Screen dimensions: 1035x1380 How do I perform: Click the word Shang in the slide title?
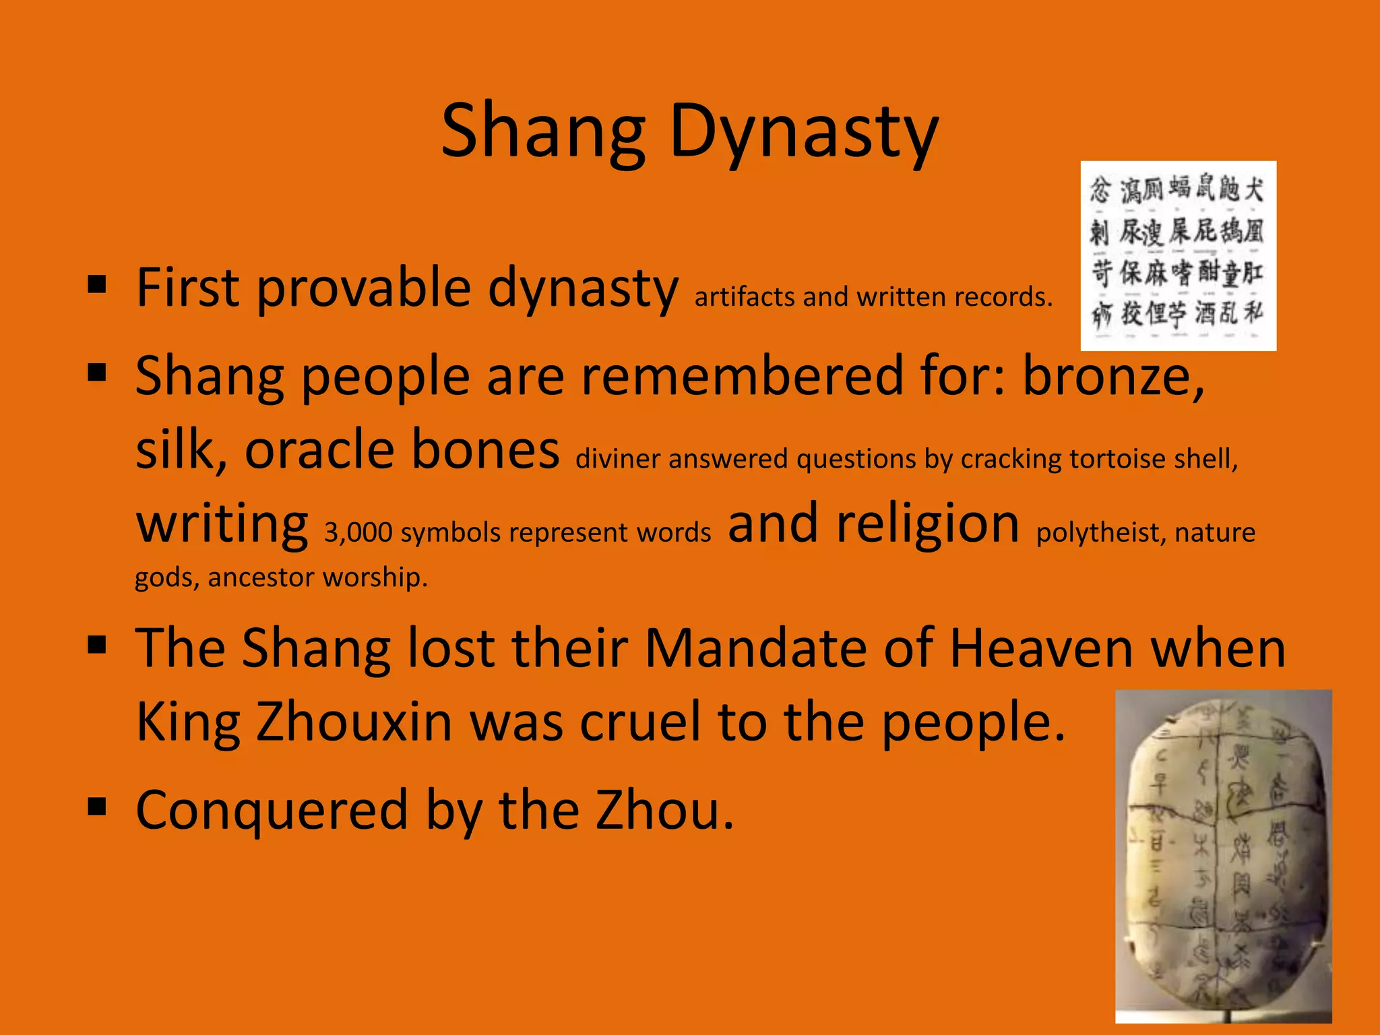543,131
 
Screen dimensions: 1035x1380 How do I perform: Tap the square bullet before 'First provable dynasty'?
97,285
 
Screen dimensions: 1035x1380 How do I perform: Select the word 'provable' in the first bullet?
364,288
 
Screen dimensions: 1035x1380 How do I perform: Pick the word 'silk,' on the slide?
181,449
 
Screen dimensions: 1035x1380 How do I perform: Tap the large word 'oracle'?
319,449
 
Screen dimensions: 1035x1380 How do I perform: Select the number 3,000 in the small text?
358,532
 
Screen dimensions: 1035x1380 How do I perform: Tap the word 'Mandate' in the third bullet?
755,648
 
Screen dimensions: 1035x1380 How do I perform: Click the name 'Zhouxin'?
354,722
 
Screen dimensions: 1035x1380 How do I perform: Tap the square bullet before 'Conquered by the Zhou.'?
97,806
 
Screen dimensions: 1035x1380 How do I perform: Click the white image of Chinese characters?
1178,256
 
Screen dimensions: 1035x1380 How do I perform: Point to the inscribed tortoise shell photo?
1223,856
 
